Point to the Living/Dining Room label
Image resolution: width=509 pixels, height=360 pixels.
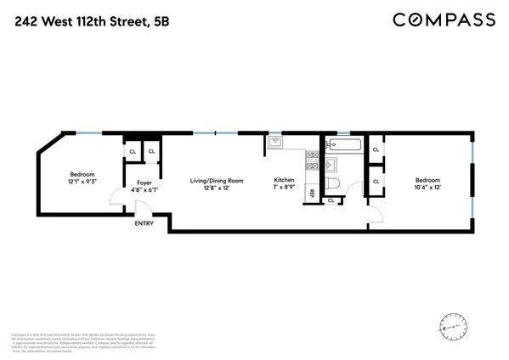216,180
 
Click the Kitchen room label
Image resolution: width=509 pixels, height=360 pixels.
283,180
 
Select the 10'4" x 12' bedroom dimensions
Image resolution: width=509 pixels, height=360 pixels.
427,186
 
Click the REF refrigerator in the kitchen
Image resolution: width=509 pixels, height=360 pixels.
312,194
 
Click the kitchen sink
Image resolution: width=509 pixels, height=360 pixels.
274,143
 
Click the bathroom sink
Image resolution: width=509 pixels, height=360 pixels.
332,163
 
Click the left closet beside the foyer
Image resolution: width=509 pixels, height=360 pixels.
133,153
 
